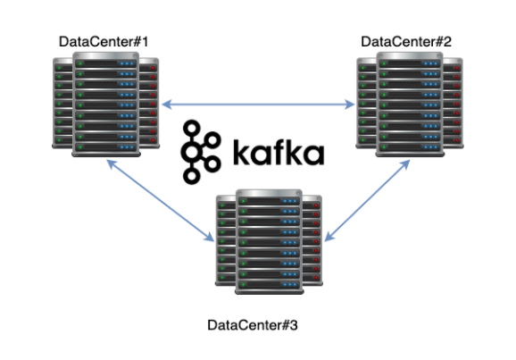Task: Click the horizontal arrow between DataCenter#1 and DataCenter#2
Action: click(258, 105)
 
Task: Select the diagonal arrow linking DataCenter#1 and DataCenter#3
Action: click(160, 201)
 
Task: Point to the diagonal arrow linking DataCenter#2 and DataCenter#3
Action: click(362, 201)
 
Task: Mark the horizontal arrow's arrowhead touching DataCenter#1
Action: click(165, 105)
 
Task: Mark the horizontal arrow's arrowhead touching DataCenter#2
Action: click(351, 105)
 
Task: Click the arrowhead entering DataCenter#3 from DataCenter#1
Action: click(210, 238)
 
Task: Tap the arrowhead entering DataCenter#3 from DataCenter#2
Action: click(329, 238)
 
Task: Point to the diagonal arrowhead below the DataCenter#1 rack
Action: click(110, 164)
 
